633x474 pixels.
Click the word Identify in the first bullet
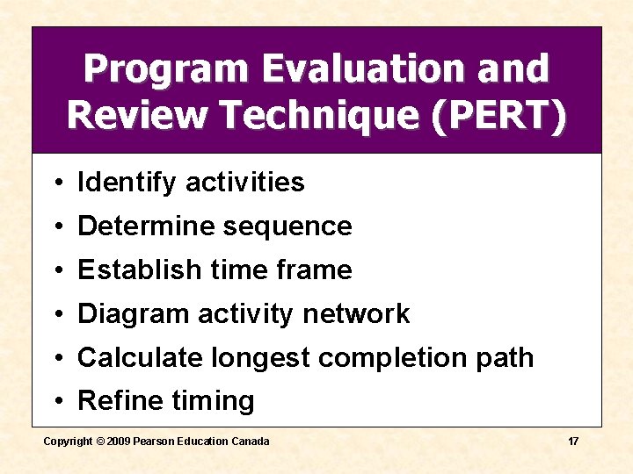(127, 183)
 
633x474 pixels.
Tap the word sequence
(287, 226)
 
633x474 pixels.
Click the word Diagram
(133, 314)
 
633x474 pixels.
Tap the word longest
(261, 358)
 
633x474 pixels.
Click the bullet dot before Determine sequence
(55, 227)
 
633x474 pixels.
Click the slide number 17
(572, 441)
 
